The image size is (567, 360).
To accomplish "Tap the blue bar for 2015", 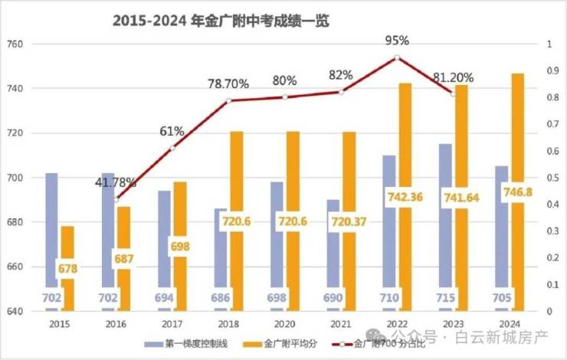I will click(x=51, y=230).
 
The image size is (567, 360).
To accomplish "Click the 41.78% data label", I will click(x=116, y=182).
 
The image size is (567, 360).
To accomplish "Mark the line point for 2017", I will click(x=172, y=148).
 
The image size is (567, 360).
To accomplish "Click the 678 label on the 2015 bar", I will click(x=67, y=269).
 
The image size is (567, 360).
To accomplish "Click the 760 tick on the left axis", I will click(x=15, y=44).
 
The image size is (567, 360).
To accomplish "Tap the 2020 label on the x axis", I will click(x=284, y=323).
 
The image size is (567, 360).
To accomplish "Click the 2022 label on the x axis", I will click(x=397, y=323).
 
